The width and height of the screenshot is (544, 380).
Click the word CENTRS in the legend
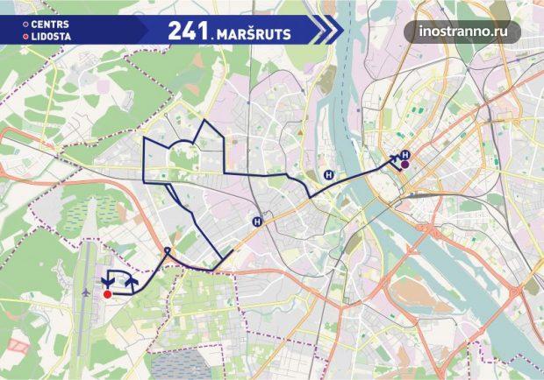point(52,25)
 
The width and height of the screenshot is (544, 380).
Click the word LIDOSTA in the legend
point(53,37)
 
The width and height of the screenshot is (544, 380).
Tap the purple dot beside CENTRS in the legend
point(26,25)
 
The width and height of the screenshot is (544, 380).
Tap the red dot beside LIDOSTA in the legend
point(26,37)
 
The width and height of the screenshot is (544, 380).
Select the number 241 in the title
point(186,30)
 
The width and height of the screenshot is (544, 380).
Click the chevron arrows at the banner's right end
point(326,30)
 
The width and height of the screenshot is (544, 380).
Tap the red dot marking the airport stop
point(108,294)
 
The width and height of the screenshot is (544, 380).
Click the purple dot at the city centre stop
point(405,164)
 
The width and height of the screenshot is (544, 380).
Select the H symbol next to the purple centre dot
point(404,155)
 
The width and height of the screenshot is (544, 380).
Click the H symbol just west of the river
point(327,173)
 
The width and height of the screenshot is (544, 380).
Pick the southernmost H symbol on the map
point(257,222)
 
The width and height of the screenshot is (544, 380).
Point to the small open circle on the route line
point(167,252)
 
